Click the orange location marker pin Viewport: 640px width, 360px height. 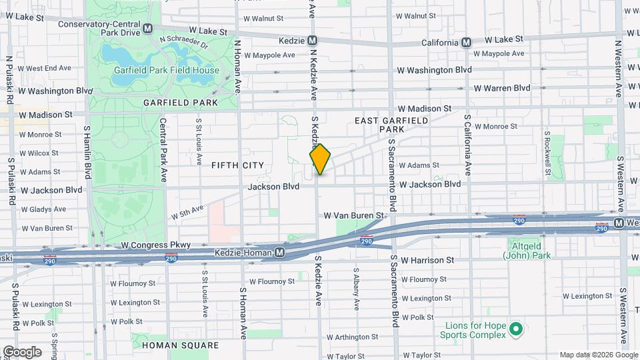click(320, 159)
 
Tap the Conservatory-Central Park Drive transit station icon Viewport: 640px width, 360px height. click(147, 29)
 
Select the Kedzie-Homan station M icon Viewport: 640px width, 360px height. click(281, 253)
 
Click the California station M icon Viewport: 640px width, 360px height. click(467, 42)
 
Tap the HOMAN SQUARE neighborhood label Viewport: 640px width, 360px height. click(180, 345)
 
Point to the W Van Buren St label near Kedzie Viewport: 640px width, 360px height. click(354, 215)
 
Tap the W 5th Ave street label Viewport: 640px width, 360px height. click(186, 212)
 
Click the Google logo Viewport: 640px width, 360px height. click(22, 352)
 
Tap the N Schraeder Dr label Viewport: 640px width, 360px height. click(184, 43)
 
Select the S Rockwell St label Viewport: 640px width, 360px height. click(547, 153)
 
